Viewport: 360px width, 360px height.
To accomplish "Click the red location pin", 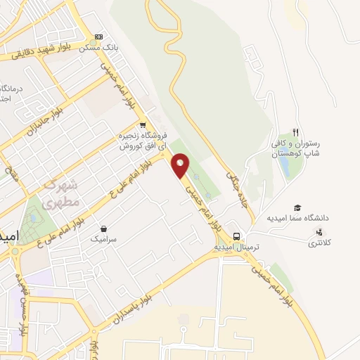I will [181, 166].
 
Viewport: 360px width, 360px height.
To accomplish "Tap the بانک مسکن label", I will [98, 48].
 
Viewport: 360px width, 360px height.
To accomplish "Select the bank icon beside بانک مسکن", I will [98, 37].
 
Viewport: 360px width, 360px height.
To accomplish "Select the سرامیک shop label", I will [103, 239].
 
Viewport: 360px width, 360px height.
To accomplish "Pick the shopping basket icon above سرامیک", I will [103, 229].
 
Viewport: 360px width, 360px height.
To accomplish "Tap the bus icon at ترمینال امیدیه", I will [238, 237].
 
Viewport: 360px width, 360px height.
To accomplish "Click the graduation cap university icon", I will [297, 207].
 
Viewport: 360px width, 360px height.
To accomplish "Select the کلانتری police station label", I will [321, 243].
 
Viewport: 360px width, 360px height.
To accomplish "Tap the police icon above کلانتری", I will [321, 232].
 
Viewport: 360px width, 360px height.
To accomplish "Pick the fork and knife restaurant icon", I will [296, 132].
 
